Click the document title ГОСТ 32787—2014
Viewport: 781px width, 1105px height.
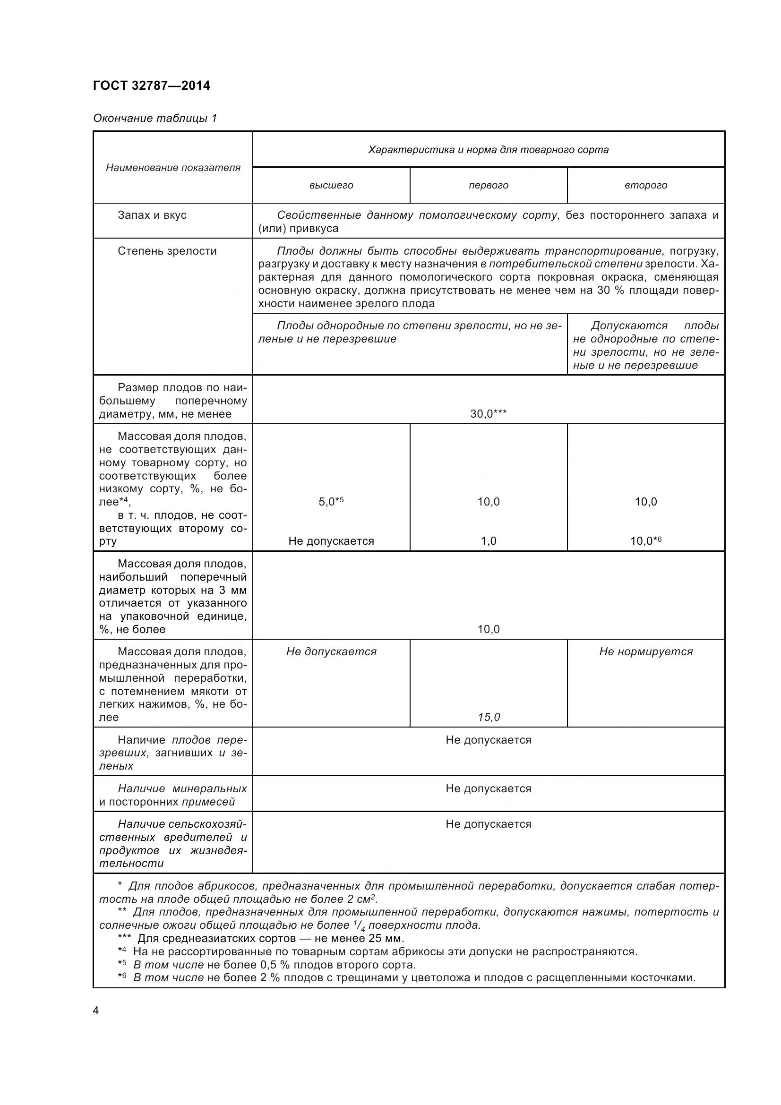click(x=152, y=86)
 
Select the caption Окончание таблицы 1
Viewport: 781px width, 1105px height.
click(x=155, y=118)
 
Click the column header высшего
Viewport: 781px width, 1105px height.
click(x=331, y=185)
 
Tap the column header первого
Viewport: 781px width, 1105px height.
click(x=489, y=185)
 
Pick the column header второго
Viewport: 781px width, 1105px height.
click(x=646, y=185)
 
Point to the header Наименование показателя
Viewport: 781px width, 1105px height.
click(x=173, y=168)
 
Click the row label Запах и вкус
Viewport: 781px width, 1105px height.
click(x=152, y=215)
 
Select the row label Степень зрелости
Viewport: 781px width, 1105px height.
click(x=167, y=251)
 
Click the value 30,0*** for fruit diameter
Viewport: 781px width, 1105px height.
click(x=489, y=413)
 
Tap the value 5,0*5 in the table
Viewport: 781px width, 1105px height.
click(x=331, y=502)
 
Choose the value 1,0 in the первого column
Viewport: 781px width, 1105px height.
click(x=489, y=541)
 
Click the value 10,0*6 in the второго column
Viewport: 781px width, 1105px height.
click(x=646, y=541)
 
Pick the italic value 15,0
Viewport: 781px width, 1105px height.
click(x=489, y=717)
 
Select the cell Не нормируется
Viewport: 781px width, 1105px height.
click(x=646, y=651)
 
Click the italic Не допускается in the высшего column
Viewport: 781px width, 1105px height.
click(x=331, y=651)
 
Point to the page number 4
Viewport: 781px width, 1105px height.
click(x=96, y=1011)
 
